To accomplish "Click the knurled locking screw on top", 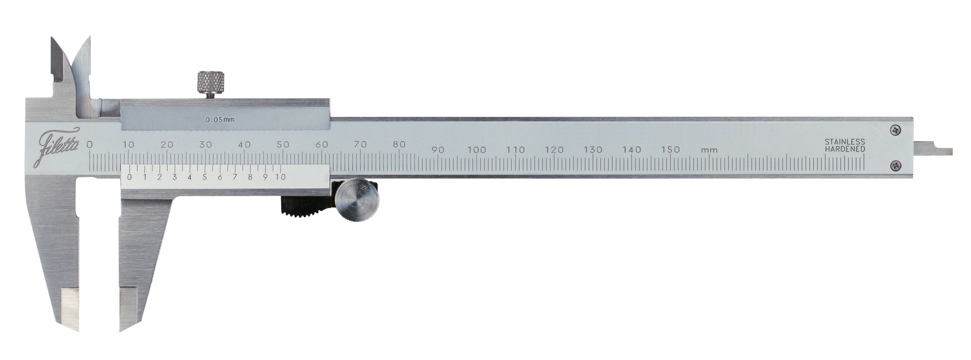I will (x=212, y=82).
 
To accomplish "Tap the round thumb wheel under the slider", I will (x=356, y=200).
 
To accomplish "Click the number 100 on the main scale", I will (x=477, y=150).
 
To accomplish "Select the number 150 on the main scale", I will (x=670, y=150).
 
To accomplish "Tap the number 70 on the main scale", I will (x=361, y=145).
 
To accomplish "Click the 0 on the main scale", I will (x=90, y=145).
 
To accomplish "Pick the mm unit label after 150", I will (x=709, y=150).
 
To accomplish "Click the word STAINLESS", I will (x=845, y=142).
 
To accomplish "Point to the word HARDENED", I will (x=845, y=149).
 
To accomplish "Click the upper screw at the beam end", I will (x=896, y=129).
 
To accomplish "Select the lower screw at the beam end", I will (x=896, y=166).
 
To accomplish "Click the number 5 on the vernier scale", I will (x=205, y=177).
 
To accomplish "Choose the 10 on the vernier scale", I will (x=280, y=177).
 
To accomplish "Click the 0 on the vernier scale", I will (x=130, y=177).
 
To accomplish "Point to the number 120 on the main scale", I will (x=554, y=150).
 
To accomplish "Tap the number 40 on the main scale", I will (x=244, y=145).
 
